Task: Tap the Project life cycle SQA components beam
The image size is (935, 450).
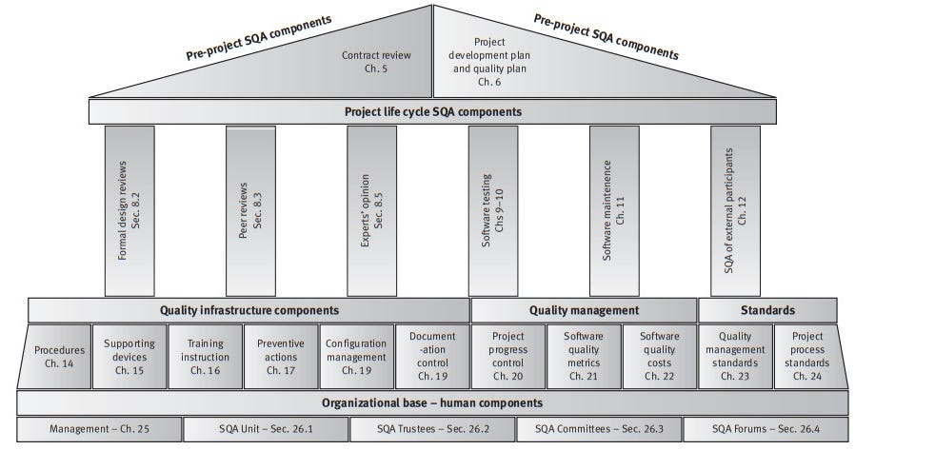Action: point(434,111)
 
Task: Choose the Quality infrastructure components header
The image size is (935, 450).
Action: point(248,310)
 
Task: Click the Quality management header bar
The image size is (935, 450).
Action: point(584,310)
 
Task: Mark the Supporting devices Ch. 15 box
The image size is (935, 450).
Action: point(129,357)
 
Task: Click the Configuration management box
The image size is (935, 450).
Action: point(355,357)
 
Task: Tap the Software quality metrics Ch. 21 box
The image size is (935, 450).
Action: point(584,357)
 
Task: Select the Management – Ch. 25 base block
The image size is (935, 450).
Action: point(98,430)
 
